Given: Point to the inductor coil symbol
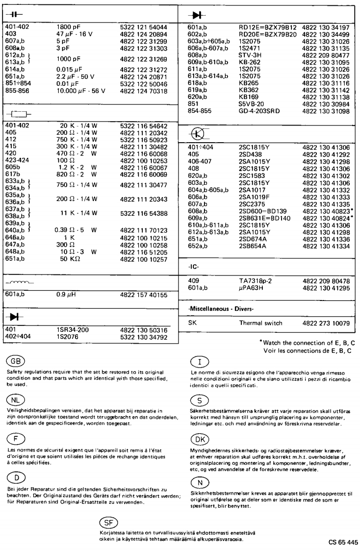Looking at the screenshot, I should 19,283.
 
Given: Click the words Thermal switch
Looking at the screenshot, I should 261,325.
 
